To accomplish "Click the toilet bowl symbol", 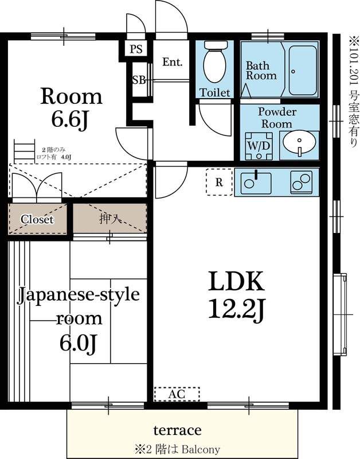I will [215, 64].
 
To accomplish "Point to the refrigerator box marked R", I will [219, 183].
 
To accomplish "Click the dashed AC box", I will [177, 394].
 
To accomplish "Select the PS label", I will [136, 49].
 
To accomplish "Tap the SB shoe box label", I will [139, 80].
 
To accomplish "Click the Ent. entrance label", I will [172, 62].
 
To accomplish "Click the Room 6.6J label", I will [71, 108].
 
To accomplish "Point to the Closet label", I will [37, 219].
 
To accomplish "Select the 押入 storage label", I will [109, 219].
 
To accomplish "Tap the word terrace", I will [177, 430].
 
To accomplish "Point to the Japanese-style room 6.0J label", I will [77, 318].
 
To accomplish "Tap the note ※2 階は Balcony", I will [177, 449].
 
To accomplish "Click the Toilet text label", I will [214, 92].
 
